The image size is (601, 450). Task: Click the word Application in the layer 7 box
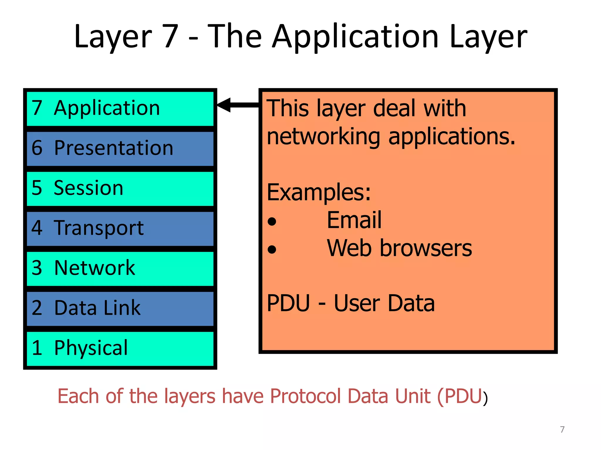click(x=107, y=108)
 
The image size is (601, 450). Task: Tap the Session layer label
click(x=88, y=188)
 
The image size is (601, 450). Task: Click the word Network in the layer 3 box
click(x=94, y=268)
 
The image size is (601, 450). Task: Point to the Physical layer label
click(x=91, y=348)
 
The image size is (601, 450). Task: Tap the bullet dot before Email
click(x=272, y=221)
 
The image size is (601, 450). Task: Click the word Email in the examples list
click(x=354, y=220)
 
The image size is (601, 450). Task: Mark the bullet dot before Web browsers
click(x=272, y=250)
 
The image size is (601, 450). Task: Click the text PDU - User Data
click(x=351, y=304)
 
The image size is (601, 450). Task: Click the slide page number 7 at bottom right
click(x=562, y=429)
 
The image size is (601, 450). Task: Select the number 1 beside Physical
click(x=37, y=348)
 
